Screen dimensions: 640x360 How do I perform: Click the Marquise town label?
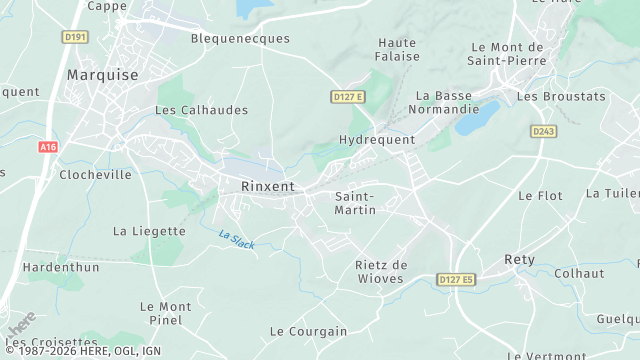pos(101,75)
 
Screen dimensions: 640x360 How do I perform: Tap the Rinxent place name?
pos(268,186)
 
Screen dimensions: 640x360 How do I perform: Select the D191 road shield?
pos(75,37)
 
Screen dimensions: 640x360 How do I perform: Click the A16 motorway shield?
pos(48,147)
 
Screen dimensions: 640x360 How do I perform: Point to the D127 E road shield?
pos(348,96)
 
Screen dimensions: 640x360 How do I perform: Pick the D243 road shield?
pos(544,131)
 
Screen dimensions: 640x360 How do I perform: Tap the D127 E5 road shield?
pos(456,279)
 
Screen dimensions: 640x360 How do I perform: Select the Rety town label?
pos(519,259)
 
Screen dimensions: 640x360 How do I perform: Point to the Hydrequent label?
pos(377,140)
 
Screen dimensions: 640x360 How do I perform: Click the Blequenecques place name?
pos(240,39)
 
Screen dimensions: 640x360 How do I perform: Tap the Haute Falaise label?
pos(397,50)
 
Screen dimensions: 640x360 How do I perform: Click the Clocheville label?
pos(95,174)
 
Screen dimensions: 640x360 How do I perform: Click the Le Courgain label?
pos(309,331)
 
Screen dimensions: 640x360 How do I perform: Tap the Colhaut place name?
pos(579,273)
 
